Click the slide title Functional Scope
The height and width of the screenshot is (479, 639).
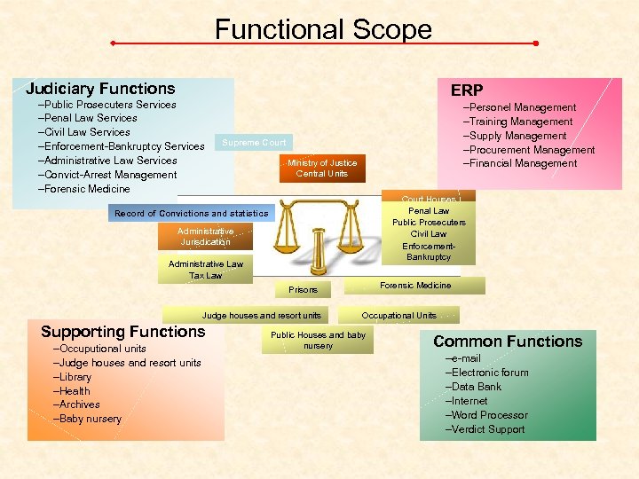click(x=323, y=30)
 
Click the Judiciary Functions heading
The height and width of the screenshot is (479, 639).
click(x=100, y=89)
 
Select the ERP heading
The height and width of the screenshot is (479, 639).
click(x=466, y=90)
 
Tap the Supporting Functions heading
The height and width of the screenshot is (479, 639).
click(x=122, y=332)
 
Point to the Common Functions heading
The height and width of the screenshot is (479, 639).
click(x=508, y=342)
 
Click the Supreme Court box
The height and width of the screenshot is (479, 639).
click(x=254, y=142)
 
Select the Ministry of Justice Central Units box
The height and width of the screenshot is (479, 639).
click(x=322, y=169)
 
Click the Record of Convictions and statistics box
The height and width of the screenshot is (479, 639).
click(x=191, y=213)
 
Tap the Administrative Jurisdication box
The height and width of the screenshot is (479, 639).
click(x=205, y=236)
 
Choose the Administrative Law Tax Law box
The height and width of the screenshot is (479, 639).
click(x=205, y=270)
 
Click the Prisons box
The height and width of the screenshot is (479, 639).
click(x=303, y=289)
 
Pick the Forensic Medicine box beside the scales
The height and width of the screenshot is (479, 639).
click(x=415, y=286)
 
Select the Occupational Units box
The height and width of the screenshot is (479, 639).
click(x=399, y=315)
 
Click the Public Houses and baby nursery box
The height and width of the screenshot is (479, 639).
click(x=318, y=341)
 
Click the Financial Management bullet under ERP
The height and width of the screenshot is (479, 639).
click(x=523, y=164)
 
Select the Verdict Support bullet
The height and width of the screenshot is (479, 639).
click(x=488, y=429)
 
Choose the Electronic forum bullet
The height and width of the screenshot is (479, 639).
click(x=489, y=373)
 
